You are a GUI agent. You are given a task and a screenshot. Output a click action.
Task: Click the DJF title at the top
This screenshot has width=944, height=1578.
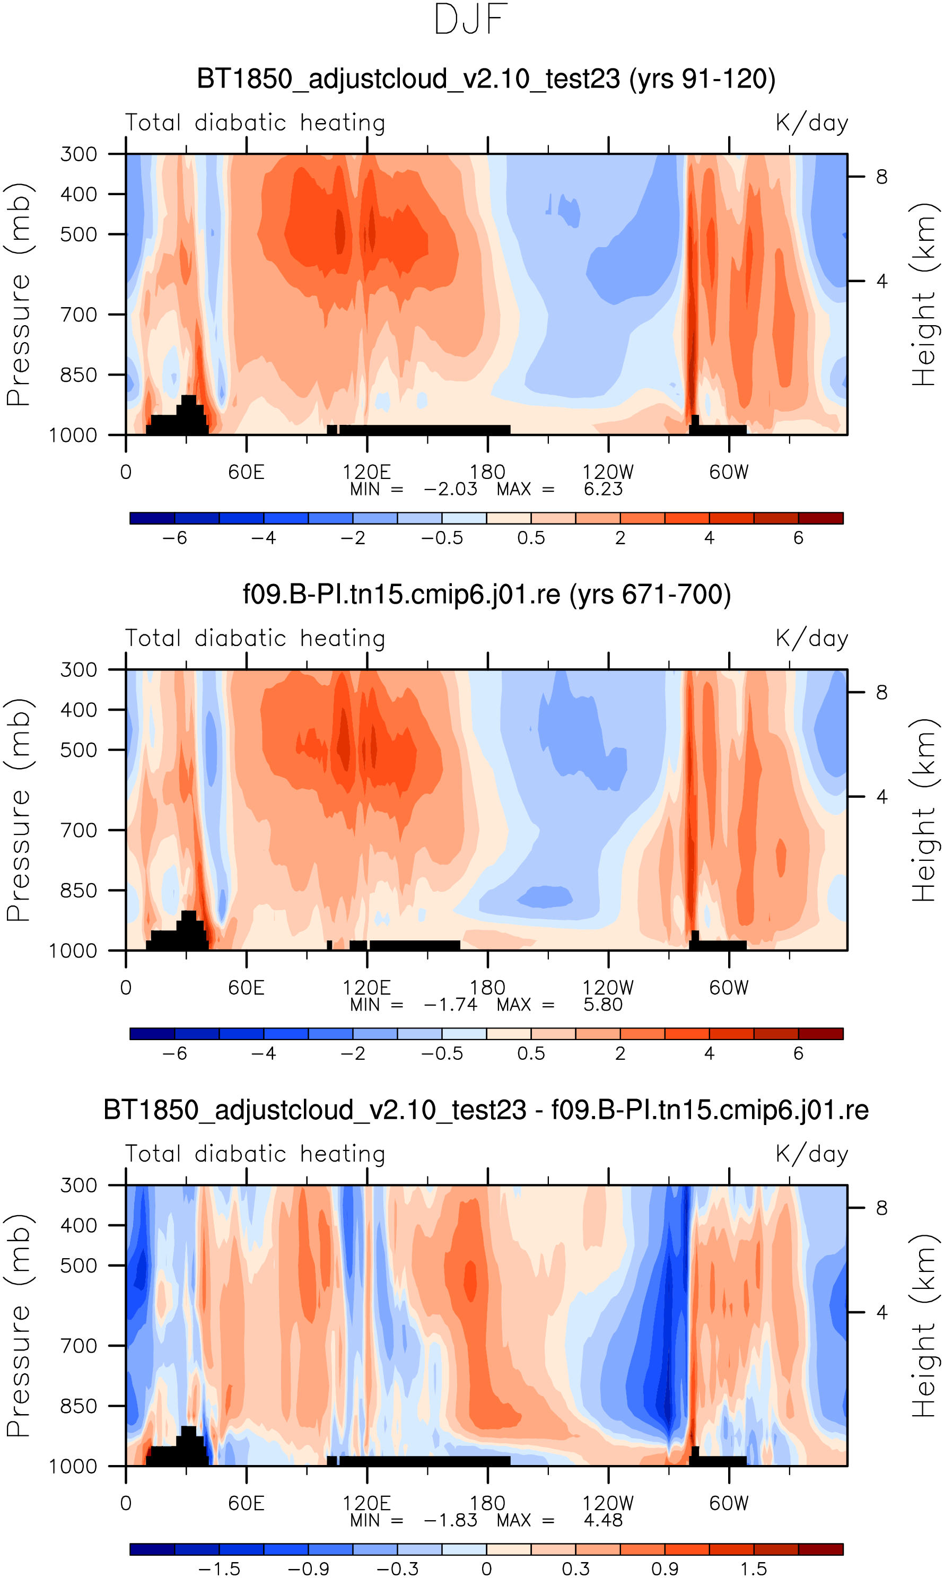click(x=471, y=20)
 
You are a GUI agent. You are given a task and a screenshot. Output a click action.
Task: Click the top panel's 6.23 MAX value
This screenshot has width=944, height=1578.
click(x=603, y=489)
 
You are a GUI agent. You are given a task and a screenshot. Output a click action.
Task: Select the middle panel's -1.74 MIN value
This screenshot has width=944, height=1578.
click(x=450, y=1005)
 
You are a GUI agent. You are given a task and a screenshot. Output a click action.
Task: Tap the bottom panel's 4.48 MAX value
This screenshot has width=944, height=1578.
click(x=603, y=1521)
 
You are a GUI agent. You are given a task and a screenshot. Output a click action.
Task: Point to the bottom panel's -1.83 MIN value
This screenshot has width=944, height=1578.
click(x=450, y=1521)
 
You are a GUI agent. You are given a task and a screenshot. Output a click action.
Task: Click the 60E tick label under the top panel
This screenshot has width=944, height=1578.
click(x=246, y=472)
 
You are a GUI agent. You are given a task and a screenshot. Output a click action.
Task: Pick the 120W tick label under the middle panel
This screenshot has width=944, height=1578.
click(x=608, y=988)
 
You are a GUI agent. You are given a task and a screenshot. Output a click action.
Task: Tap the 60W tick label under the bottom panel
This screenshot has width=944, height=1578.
click(x=729, y=1504)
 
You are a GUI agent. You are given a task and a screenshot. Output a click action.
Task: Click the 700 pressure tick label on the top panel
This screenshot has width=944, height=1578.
click(x=79, y=314)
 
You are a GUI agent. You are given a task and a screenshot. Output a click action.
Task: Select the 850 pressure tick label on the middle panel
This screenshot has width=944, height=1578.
click(x=79, y=891)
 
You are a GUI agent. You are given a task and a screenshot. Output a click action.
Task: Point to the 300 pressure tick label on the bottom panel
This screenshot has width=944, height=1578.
click(x=79, y=1185)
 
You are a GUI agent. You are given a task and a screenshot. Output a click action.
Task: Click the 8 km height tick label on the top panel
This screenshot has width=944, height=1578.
click(x=881, y=177)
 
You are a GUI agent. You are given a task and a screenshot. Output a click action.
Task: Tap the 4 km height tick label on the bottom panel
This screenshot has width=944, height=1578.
click(x=881, y=1312)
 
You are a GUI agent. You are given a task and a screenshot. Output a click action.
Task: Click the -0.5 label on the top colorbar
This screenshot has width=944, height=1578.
click(x=442, y=538)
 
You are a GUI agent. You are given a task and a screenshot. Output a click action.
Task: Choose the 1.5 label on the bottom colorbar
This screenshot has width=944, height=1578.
click(x=754, y=1569)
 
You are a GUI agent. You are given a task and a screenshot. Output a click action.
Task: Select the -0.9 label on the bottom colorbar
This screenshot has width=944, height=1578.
click(x=309, y=1569)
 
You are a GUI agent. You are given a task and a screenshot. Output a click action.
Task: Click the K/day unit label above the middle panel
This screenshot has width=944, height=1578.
click(x=812, y=639)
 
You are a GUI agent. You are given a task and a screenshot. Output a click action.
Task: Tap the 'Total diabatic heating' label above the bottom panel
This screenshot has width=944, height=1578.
click(x=255, y=1154)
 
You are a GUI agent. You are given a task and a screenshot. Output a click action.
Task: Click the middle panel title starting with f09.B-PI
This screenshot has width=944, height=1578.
click(x=487, y=595)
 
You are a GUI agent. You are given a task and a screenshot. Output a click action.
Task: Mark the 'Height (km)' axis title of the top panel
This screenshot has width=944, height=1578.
click(x=925, y=294)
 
